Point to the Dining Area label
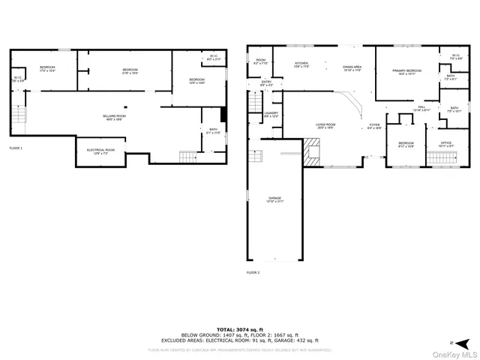click(352, 68)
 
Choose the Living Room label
click(325, 126)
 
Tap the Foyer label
click(374, 126)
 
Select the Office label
click(446, 143)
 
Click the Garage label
click(274, 199)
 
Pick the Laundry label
click(271, 115)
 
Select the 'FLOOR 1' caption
click(16, 148)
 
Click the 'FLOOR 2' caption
click(253, 272)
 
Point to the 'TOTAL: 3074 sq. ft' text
click(240, 329)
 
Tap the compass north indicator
click(453, 341)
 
